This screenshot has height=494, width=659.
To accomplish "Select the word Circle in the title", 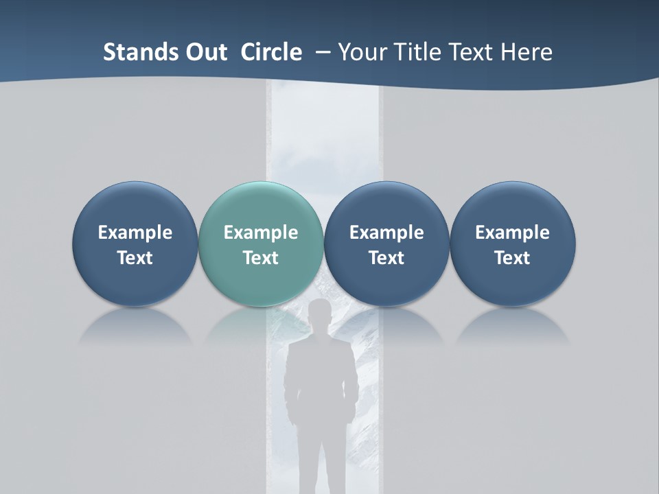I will pyautogui.click(x=271, y=52).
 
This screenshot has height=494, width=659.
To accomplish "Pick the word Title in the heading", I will pyautogui.click(x=417, y=52).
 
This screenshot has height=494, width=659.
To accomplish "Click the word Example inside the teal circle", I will pyautogui.click(x=261, y=233).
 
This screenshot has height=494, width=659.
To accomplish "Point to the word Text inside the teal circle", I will pyautogui.click(x=261, y=258).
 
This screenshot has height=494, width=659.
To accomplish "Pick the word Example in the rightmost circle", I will pyautogui.click(x=513, y=233).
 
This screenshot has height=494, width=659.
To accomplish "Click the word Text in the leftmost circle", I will pyautogui.click(x=135, y=258).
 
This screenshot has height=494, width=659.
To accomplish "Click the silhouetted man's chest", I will pyautogui.click(x=321, y=364).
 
